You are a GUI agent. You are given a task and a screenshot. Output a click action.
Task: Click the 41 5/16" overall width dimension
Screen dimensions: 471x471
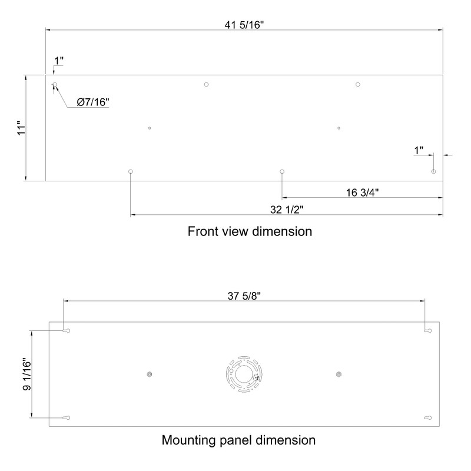click(x=244, y=25)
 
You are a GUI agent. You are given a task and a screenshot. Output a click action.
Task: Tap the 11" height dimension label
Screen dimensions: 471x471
click(x=22, y=128)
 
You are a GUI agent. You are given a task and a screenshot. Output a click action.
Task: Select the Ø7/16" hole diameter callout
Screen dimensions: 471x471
click(x=93, y=102)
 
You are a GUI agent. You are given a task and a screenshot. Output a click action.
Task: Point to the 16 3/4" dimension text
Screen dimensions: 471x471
click(x=362, y=193)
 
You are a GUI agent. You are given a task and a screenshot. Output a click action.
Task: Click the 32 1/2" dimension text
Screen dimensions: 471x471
click(x=287, y=210)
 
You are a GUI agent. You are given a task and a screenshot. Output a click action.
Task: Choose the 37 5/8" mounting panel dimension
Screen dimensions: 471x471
click(x=244, y=296)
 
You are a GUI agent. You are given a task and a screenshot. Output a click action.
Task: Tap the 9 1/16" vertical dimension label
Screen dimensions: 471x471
click(x=27, y=374)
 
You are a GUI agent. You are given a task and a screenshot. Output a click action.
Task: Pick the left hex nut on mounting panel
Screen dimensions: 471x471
click(x=150, y=374)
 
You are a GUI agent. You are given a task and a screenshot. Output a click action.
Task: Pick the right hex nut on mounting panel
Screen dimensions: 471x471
click(x=339, y=374)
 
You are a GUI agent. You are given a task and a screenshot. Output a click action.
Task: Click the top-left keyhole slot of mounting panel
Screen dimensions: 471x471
click(x=67, y=331)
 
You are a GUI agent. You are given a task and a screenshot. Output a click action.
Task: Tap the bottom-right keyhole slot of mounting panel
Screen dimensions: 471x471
click(x=428, y=418)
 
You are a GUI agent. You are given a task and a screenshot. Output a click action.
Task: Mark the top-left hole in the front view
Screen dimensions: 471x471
click(x=55, y=84)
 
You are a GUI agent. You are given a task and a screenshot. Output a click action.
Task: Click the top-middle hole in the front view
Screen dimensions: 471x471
click(x=206, y=84)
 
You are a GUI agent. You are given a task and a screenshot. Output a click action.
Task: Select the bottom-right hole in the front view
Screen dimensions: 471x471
click(x=433, y=171)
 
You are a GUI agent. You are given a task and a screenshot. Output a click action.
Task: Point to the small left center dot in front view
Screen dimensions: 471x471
click(x=150, y=128)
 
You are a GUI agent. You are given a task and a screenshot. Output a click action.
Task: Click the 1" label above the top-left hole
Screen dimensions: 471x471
click(x=59, y=61)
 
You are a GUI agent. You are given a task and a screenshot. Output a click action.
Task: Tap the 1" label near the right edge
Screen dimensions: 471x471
click(x=419, y=150)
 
